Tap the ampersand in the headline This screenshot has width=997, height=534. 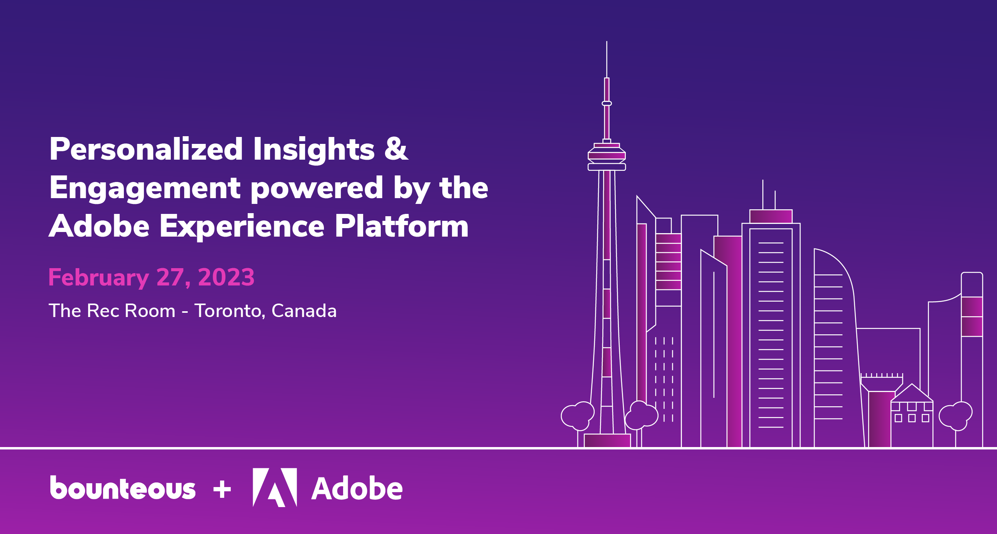(x=396, y=149)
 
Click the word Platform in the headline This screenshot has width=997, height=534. (x=401, y=227)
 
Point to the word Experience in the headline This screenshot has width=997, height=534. (x=242, y=227)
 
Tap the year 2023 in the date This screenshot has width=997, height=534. (x=226, y=277)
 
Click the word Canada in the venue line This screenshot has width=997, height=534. (x=304, y=311)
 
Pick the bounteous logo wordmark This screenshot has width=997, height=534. (x=123, y=488)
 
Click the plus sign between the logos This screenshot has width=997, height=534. (x=222, y=489)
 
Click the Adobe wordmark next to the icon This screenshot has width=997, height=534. (x=357, y=489)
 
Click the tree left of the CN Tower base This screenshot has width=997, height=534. (x=577, y=416)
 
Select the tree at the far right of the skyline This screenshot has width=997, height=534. (x=955, y=416)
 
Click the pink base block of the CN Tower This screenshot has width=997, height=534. (x=607, y=441)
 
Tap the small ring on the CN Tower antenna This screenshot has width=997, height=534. (x=607, y=103)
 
